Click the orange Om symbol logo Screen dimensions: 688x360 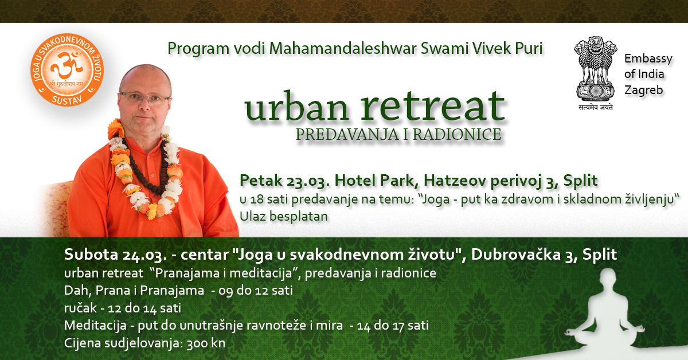(x=67, y=70)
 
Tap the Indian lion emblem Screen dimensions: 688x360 (x=596, y=69)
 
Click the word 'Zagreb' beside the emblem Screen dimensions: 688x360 (x=644, y=91)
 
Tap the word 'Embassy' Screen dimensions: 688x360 (x=648, y=58)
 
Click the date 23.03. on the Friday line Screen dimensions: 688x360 (x=308, y=181)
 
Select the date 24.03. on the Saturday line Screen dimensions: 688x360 (x=144, y=255)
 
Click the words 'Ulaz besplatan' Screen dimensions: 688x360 (x=284, y=217)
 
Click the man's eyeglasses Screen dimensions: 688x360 (x=144, y=97)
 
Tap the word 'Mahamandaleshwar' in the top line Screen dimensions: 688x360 (x=342, y=49)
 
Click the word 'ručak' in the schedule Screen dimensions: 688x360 (x=80, y=308)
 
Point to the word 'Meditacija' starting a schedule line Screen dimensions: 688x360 (x=95, y=326)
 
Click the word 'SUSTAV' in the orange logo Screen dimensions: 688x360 (x=67, y=100)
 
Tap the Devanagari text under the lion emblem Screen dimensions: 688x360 (x=596, y=107)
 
